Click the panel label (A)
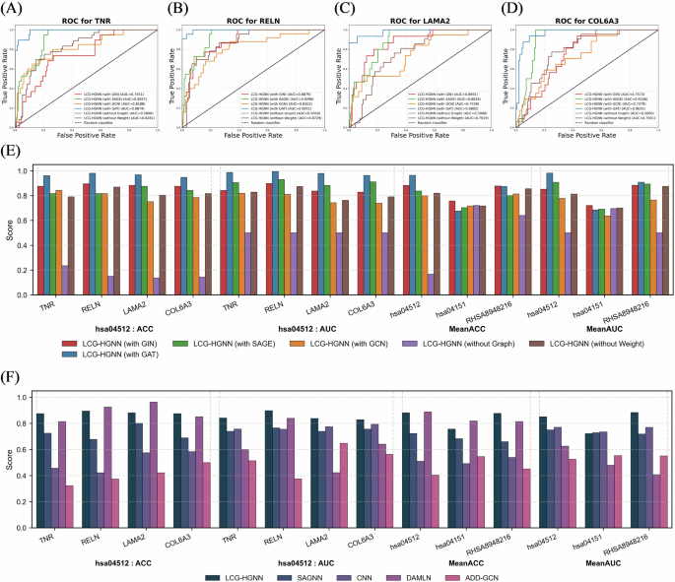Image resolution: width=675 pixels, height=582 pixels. pyautogui.click(x=17, y=11)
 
